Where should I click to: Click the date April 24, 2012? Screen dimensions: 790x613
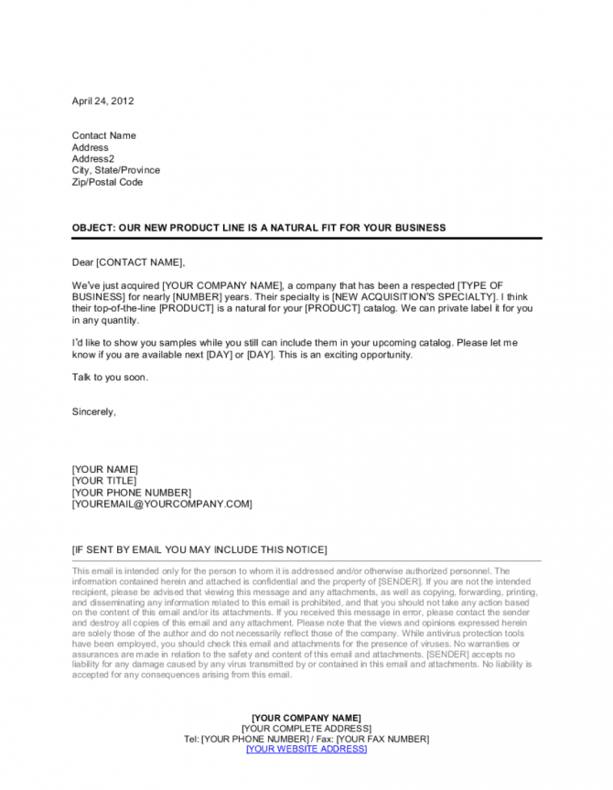pyautogui.click(x=102, y=101)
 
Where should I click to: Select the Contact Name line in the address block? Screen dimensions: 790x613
pyautogui.click(x=103, y=135)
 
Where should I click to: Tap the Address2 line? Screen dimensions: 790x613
pyautogui.click(x=92, y=158)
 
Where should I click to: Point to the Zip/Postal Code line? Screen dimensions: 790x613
pyautogui.click(x=107, y=182)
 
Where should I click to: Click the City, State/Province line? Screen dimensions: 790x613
pyautogui.click(x=115, y=170)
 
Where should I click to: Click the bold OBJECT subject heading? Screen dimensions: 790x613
pyautogui.click(x=259, y=227)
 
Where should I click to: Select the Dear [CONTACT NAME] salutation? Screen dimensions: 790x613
pyautogui.click(x=128, y=262)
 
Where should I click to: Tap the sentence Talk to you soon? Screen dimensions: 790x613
pyautogui.click(x=109, y=377)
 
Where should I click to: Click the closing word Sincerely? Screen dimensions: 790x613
pyautogui.click(x=93, y=411)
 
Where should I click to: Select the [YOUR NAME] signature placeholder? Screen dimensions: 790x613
pyautogui.click(x=104, y=469)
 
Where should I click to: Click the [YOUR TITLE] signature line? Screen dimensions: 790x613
pyautogui.click(x=103, y=481)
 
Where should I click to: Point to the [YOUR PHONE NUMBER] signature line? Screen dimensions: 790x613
pyautogui.click(x=131, y=492)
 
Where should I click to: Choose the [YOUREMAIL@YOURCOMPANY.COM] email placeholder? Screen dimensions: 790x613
pyautogui.click(x=161, y=504)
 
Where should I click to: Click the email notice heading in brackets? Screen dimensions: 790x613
pyautogui.click(x=199, y=550)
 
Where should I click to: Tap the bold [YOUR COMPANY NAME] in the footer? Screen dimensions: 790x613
pyautogui.click(x=306, y=717)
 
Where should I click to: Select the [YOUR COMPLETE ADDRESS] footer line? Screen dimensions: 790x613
pyautogui.click(x=306, y=728)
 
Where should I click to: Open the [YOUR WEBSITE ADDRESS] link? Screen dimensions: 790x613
pyautogui.click(x=306, y=750)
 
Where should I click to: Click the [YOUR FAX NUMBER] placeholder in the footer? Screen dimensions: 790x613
pyautogui.click(x=382, y=739)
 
